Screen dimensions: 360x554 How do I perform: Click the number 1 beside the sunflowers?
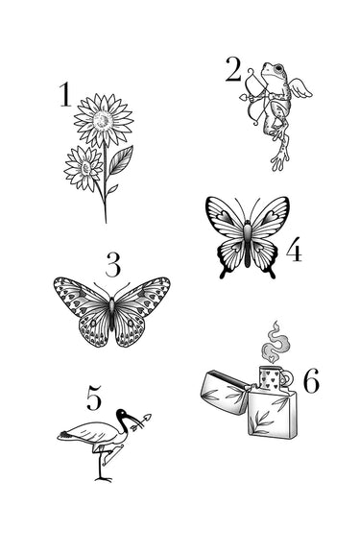(x=65, y=94)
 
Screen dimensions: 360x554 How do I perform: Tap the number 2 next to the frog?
(x=233, y=70)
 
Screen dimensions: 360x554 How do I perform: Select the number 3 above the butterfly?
(x=113, y=264)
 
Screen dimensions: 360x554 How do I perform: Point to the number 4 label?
(x=294, y=249)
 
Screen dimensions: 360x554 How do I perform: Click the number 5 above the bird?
(x=94, y=397)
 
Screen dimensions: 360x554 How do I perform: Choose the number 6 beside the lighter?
(x=311, y=380)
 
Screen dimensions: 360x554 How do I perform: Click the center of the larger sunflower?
(x=103, y=120)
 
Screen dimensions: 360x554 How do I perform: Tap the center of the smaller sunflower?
(x=84, y=168)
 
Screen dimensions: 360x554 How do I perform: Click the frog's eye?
(x=279, y=67)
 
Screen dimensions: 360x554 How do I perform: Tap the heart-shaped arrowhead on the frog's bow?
(x=243, y=97)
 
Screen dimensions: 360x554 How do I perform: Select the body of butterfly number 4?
(x=247, y=243)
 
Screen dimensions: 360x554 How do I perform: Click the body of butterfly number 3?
(x=112, y=314)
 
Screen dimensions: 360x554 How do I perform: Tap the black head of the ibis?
(x=123, y=414)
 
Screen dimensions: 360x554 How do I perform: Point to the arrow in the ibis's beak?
(x=141, y=422)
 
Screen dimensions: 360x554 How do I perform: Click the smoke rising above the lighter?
(x=275, y=343)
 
